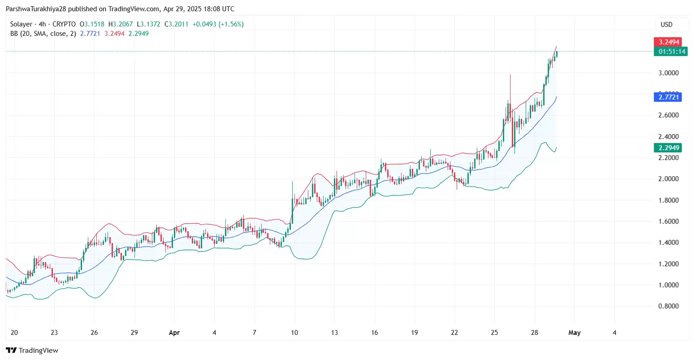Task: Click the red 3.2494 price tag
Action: tap(669, 42)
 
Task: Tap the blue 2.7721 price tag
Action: tap(669, 97)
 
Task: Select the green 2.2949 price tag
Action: tap(669, 147)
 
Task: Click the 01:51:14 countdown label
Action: tap(672, 52)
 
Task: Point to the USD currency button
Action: tap(666, 25)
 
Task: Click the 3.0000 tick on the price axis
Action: tap(668, 73)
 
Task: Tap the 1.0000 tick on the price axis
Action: tap(668, 285)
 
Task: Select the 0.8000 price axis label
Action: tap(668, 306)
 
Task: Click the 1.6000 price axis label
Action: tap(668, 221)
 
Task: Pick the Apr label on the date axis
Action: tap(174, 333)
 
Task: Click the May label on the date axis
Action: tap(574, 333)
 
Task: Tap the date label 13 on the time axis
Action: tap(334, 333)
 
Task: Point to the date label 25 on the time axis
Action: tap(494, 333)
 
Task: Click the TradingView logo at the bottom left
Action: tap(32, 350)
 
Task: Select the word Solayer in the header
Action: tap(21, 24)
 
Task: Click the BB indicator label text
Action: tap(43, 34)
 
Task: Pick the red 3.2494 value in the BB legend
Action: tap(114, 34)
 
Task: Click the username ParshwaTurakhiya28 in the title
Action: tap(36, 9)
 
